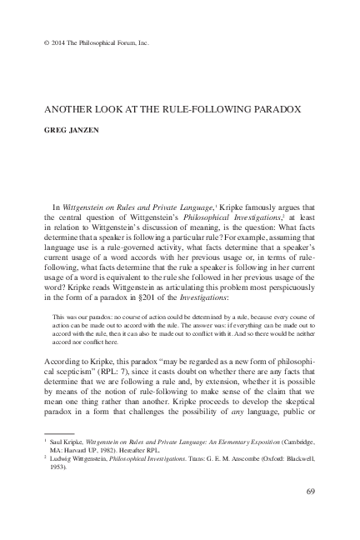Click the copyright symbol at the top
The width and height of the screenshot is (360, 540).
[33, 41]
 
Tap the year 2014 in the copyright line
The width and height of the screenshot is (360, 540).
[46, 41]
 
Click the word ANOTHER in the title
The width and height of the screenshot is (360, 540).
[60, 109]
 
